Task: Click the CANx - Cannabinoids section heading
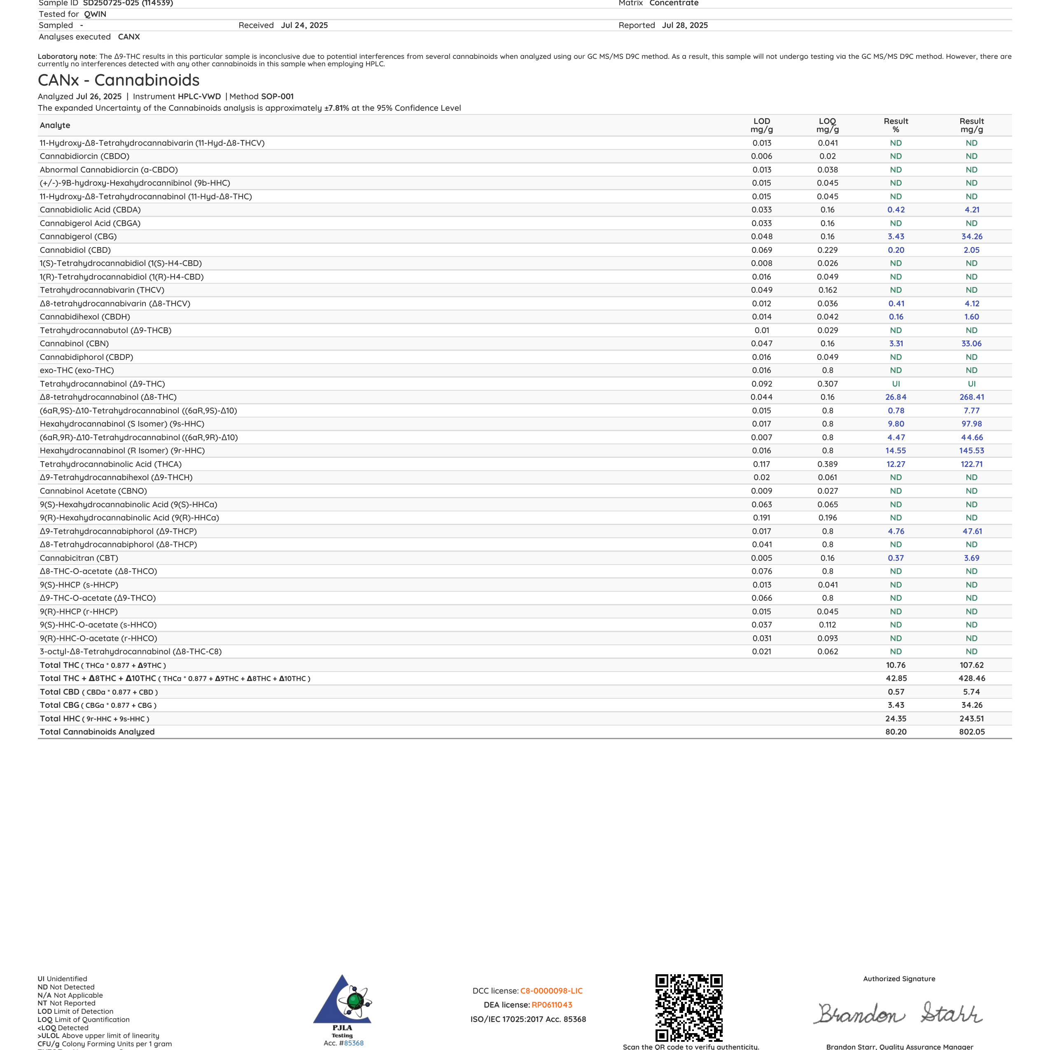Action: click(119, 80)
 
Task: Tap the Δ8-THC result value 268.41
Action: click(971, 397)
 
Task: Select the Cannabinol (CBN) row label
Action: click(74, 343)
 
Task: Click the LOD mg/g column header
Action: click(761, 125)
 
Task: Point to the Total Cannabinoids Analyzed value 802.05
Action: click(971, 732)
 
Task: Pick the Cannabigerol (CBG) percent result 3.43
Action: click(896, 236)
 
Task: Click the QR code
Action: click(688, 1007)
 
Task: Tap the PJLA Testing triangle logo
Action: click(343, 1001)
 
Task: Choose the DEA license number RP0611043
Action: click(552, 1005)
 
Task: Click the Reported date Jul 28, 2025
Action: click(685, 25)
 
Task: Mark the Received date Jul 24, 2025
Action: click(304, 25)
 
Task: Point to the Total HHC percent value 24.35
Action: click(896, 719)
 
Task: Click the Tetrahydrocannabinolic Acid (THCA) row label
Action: click(110, 464)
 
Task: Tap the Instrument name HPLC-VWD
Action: click(199, 96)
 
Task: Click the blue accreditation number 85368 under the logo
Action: click(353, 1043)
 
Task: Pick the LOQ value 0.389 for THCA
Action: click(827, 464)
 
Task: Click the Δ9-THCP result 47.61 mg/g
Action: click(971, 531)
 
